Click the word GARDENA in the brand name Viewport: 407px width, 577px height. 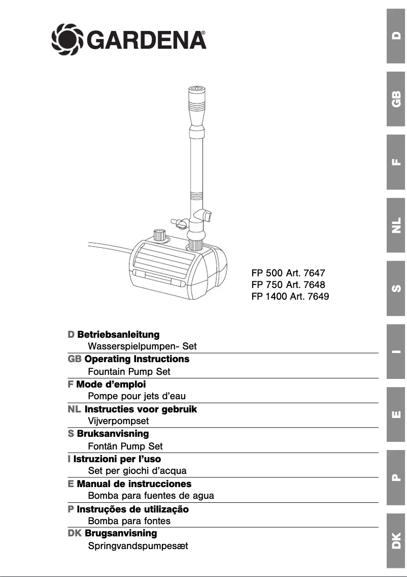pos(148,39)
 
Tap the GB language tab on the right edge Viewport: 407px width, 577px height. pos(396,99)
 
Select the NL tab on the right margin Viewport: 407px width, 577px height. pos(396,225)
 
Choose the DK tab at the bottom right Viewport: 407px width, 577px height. pos(396,540)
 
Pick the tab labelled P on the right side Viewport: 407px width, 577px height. pos(396,477)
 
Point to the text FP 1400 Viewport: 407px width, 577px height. pos(269,296)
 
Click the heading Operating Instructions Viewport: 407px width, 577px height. pos(137,359)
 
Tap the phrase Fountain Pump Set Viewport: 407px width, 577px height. pos(129,371)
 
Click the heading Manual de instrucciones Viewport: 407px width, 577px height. pos(134,484)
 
